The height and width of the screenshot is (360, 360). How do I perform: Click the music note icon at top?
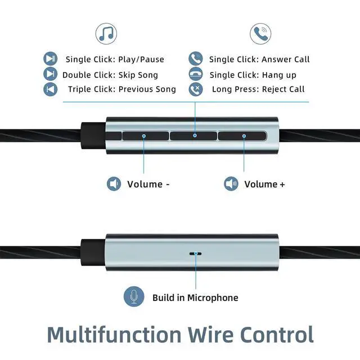(x=106, y=34)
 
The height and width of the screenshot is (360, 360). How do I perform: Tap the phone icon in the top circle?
(x=260, y=34)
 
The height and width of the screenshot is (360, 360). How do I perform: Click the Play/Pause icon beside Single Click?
(x=51, y=58)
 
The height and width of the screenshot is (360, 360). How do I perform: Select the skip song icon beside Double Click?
(x=51, y=74)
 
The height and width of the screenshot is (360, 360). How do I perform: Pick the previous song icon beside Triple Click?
(x=51, y=89)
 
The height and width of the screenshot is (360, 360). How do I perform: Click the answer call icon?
(x=196, y=58)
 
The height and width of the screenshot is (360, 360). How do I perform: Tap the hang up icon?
(x=196, y=74)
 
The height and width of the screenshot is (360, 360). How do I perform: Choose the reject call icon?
(x=196, y=89)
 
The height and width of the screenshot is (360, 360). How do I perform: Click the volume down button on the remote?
(x=146, y=136)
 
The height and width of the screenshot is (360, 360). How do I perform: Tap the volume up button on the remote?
(x=242, y=136)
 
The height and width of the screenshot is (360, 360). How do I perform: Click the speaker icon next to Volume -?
(x=114, y=184)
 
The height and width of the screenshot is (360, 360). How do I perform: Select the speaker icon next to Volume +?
(x=231, y=184)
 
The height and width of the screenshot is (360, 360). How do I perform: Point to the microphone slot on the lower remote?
(x=196, y=254)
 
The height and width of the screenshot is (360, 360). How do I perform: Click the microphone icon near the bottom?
(x=134, y=296)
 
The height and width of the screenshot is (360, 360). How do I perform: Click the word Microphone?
(x=213, y=298)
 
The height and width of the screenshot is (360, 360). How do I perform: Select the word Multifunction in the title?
(x=114, y=335)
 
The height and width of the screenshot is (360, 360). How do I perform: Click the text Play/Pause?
(x=141, y=60)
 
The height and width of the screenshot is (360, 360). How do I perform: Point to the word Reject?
(x=273, y=89)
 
